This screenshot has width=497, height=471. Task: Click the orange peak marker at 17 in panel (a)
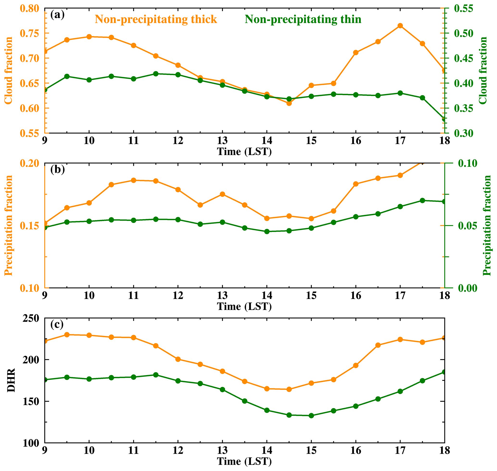400,26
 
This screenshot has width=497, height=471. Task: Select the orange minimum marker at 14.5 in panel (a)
289,103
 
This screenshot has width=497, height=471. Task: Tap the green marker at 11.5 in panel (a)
156,74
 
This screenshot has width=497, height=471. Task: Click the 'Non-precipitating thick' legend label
156,19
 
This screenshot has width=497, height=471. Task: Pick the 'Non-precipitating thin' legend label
303,19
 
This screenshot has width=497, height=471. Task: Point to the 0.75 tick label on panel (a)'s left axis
30,33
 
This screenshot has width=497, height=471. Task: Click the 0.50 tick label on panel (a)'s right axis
464,33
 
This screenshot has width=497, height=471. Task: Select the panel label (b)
57,170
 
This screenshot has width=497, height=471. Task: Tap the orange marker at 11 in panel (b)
133,180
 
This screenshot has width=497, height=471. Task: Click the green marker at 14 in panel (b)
267,231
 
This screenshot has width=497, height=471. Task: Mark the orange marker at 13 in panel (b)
222,194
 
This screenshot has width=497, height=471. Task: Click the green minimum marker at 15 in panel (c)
311,416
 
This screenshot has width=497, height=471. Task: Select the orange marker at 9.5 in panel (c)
67,335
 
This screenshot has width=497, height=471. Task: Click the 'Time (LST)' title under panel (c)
244,461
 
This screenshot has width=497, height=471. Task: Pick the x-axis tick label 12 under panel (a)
178,141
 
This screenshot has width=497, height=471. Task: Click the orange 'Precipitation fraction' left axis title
9,225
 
